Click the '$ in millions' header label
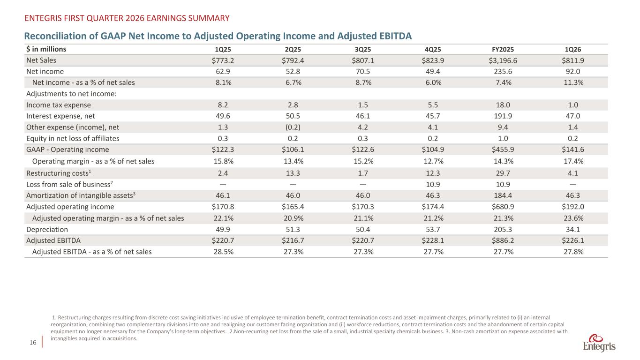coord(46,49)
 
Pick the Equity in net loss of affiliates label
coord(73,138)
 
